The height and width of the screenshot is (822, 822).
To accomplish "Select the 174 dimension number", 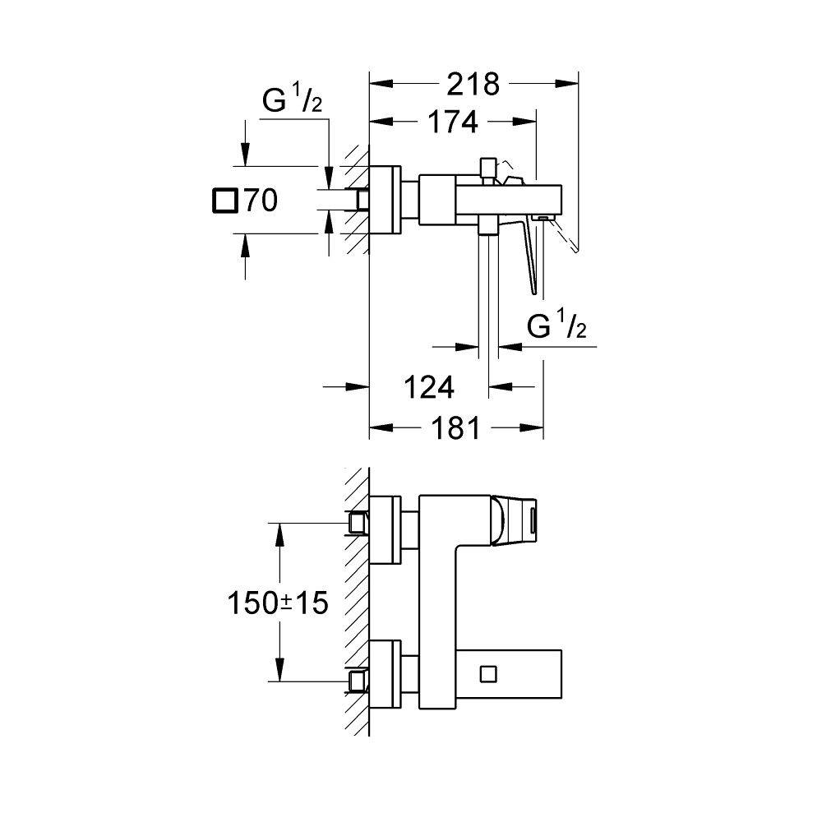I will click(x=451, y=122).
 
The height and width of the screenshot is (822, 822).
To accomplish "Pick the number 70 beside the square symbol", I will click(x=258, y=201).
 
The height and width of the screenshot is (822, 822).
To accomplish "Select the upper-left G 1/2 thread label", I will click(x=292, y=103).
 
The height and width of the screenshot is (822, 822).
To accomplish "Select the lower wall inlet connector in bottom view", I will click(x=358, y=679).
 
